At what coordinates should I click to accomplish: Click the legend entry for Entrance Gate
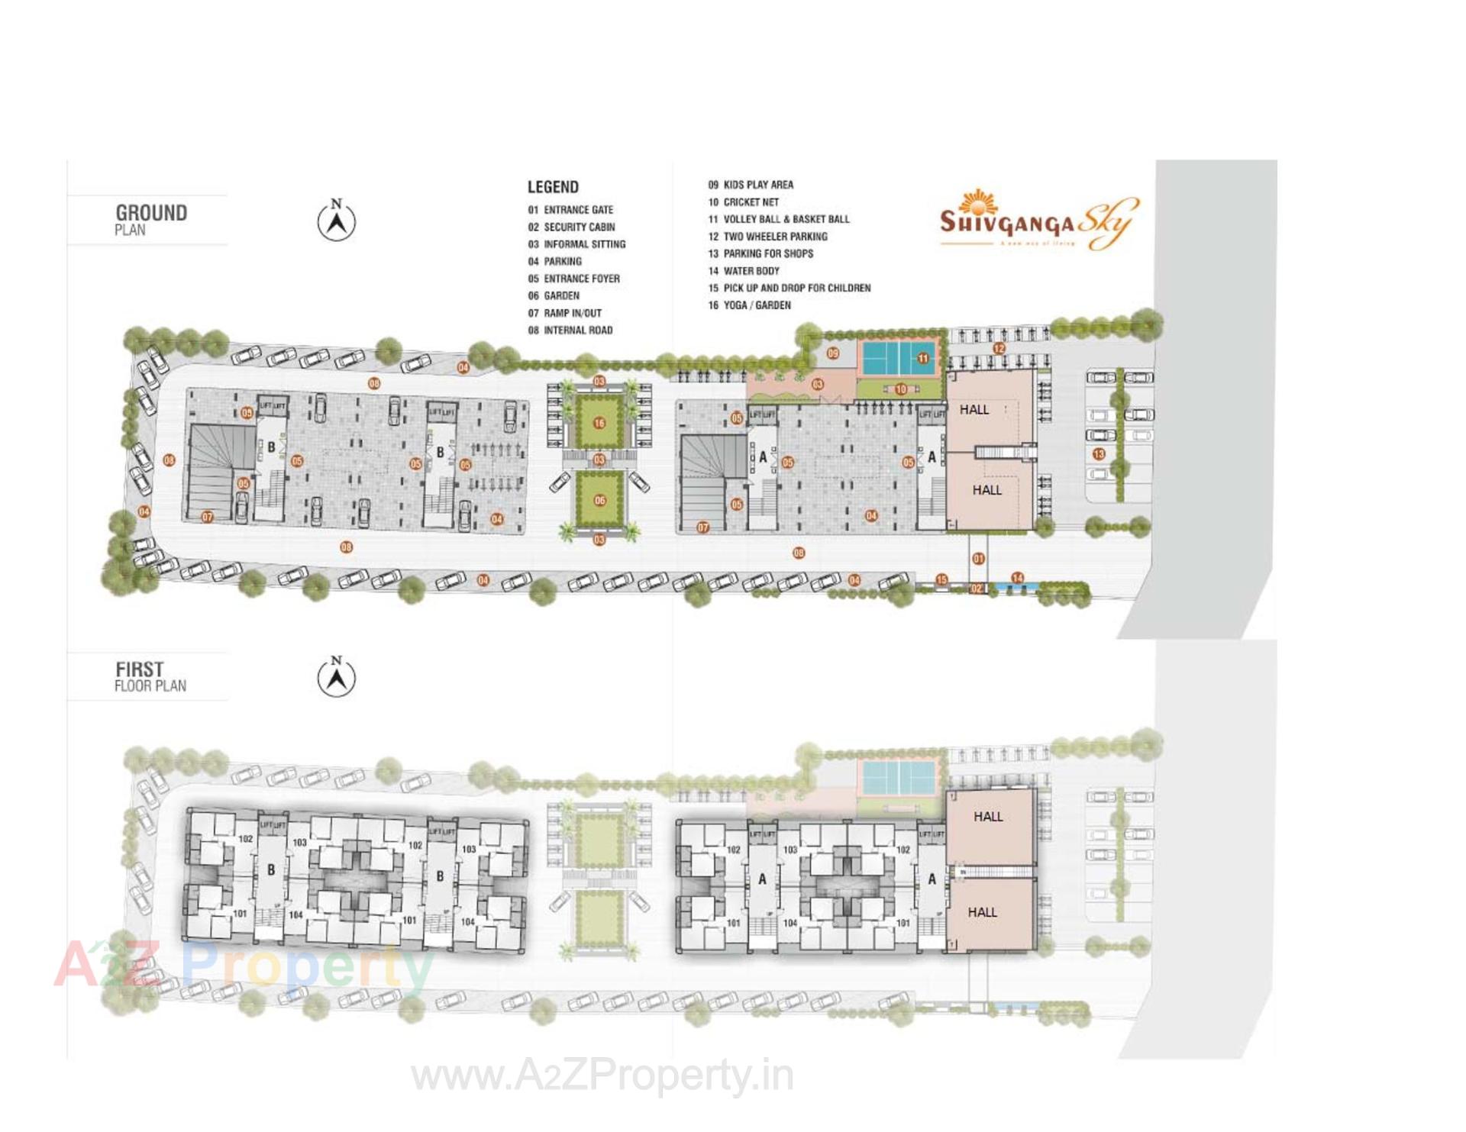coord(570,210)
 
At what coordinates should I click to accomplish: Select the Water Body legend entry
coord(744,271)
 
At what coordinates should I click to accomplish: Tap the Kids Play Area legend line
coord(751,185)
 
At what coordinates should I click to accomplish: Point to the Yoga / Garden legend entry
coord(749,305)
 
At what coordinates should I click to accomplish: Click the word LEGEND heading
coord(553,187)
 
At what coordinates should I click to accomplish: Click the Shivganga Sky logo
coord(1038,222)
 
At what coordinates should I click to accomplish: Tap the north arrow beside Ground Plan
coord(336,221)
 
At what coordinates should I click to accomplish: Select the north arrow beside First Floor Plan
coord(336,676)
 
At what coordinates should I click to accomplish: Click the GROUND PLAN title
coord(151,219)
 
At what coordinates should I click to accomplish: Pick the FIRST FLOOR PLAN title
coord(150,677)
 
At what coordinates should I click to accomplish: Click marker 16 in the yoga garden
coord(599,424)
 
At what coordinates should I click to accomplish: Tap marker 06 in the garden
coord(599,501)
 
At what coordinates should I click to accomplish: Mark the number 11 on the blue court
coord(923,358)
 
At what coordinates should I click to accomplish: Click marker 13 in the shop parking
coord(1099,454)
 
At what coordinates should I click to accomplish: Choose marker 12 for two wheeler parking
coord(999,348)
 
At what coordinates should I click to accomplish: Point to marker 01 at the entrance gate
coord(978,559)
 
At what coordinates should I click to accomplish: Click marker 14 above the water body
coord(1017,578)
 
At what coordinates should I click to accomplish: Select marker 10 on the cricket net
coord(901,389)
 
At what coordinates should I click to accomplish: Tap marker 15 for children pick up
coord(941,580)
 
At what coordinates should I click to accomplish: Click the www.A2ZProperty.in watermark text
coord(602,1077)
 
